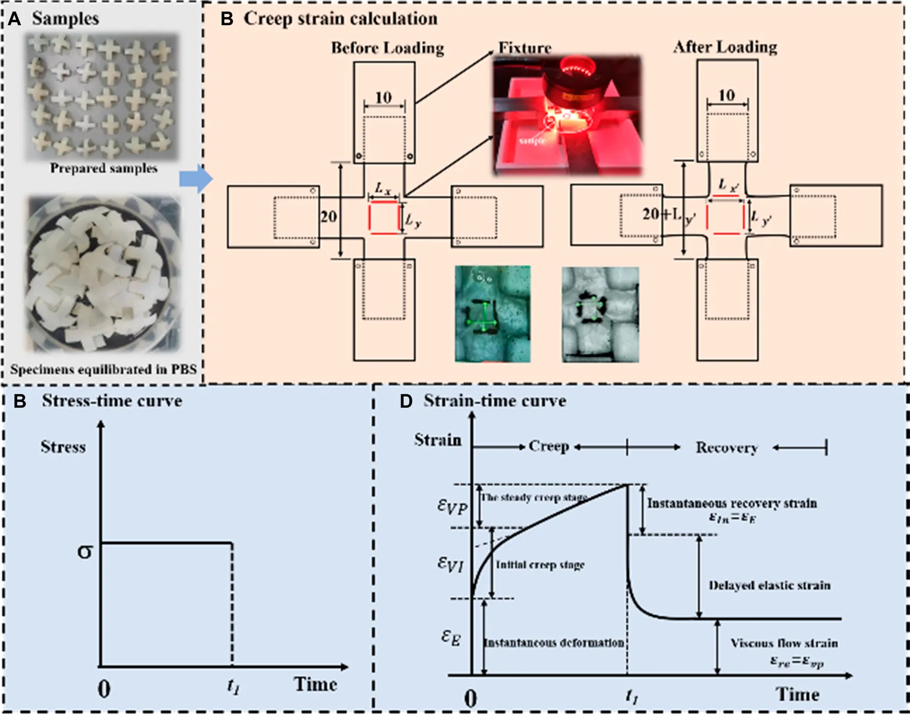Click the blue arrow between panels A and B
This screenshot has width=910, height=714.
pyautogui.click(x=196, y=179)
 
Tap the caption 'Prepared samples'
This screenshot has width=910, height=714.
pyautogui.click(x=104, y=168)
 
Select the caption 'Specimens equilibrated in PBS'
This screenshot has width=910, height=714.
pyautogui.click(x=103, y=369)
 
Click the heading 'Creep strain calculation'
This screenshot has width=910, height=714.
pyautogui.click(x=340, y=19)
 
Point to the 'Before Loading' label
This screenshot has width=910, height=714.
pyautogui.click(x=387, y=48)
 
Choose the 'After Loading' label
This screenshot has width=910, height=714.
pyautogui.click(x=725, y=47)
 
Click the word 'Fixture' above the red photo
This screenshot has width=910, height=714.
pyautogui.click(x=525, y=48)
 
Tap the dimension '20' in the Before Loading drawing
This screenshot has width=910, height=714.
pyautogui.click(x=329, y=216)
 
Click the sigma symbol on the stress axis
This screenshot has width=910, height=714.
pyautogui.click(x=85, y=552)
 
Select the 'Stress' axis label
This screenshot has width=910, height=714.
pyautogui.click(x=63, y=447)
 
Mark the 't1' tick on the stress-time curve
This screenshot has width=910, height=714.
pyautogui.click(x=233, y=685)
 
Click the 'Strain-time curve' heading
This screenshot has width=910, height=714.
pyautogui.click(x=495, y=401)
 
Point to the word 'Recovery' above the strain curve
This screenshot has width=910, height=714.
pyautogui.click(x=726, y=448)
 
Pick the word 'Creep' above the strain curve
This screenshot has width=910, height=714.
pyautogui.click(x=548, y=446)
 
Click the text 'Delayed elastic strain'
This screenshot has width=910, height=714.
pyautogui.click(x=769, y=585)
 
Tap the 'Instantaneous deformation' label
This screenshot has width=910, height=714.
pyautogui.click(x=554, y=643)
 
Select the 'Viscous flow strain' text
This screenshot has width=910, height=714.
pyautogui.click(x=784, y=643)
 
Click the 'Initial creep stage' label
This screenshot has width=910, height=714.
pyautogui.click(x=540, y=565)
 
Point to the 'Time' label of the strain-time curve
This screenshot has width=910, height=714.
pyautogui.click(x=797, y=694)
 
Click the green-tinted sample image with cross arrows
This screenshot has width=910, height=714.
pyautogui.click(x=492, y=314)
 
